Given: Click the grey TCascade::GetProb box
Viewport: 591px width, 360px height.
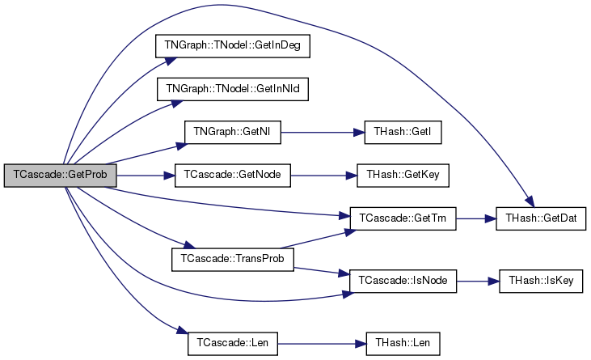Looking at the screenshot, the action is (x=61, y=176).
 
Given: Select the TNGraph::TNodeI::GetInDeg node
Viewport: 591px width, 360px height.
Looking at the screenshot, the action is (x=233, y=46).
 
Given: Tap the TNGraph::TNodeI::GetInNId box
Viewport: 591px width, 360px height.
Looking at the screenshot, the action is (x=233, y=89).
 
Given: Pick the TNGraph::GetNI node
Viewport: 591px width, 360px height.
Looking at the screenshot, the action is (x=233, y=133).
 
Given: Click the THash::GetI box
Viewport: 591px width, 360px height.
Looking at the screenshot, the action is (x=403, y=133).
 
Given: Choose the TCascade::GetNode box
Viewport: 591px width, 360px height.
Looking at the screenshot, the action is (x=233, y=176).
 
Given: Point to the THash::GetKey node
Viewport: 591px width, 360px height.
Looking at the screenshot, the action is (x=403, y=176).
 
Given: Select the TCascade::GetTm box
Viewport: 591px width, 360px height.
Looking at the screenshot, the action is (x=403, y=218).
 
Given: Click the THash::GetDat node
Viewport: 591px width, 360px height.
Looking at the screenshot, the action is (x=541, y=218).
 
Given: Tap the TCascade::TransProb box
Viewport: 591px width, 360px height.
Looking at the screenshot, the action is (x=233, y=260).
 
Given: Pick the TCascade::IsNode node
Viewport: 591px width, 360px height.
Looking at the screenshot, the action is (x=403, y=282).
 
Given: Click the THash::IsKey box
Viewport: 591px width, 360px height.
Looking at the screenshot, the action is (x=541, y=282).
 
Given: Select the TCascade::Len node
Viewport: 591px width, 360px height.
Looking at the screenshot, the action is (x=233, y=343).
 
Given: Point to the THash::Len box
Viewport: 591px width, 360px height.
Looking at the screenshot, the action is (x=403, y=343).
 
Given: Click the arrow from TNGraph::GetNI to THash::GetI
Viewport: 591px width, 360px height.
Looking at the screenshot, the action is (x=323, y=133).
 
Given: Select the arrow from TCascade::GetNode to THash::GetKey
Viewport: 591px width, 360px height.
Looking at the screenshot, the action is (x=323, y=176).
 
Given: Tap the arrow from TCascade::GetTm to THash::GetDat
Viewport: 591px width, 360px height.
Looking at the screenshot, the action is (x=475, y=218).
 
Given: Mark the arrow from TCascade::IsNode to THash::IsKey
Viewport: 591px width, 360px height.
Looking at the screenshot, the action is (x=478, y=282).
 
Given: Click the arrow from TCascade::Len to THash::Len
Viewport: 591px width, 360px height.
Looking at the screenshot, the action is (x=322, y=344).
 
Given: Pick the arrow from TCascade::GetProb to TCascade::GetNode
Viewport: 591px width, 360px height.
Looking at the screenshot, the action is (x=146, y=176).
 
